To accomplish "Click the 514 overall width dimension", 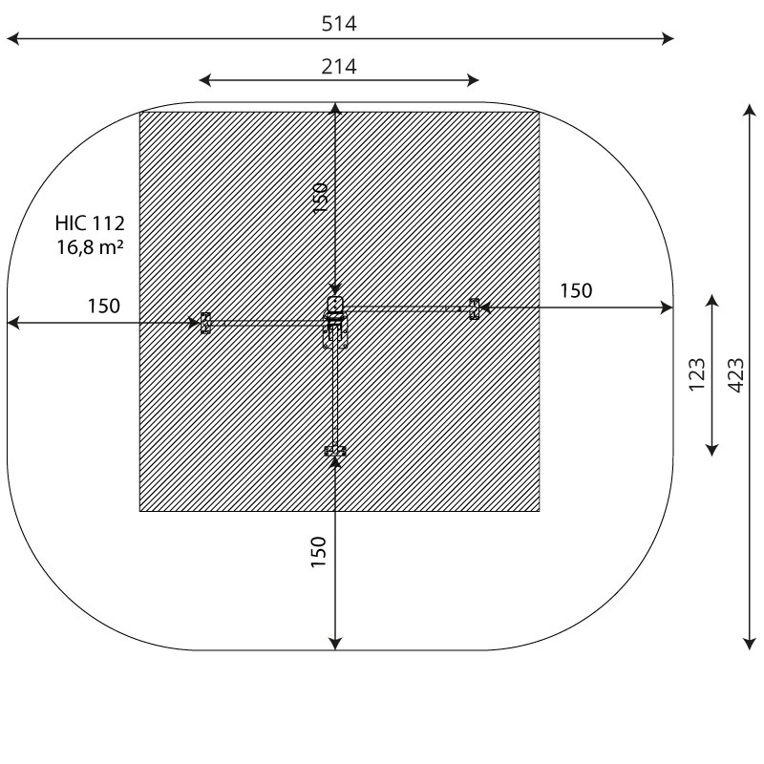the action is click(339, 24).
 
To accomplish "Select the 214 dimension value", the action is click(339, 66).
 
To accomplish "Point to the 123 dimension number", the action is click(697, 374).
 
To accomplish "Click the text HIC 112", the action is click(90, 223).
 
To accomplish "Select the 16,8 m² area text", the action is click(90, 247).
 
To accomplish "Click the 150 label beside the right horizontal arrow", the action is click(576, 291).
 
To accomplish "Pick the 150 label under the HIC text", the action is click(104, 307).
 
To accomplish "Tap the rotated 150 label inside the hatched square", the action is click(320, 198).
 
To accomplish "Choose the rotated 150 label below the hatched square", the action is click(318, 552).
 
